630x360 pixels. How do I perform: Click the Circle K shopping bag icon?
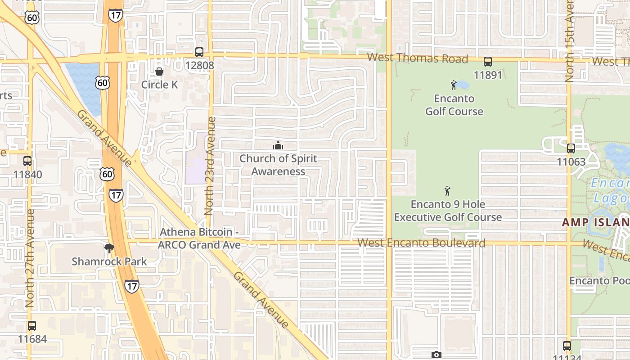tap(159, 72)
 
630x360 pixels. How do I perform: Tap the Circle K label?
tap(160, 85)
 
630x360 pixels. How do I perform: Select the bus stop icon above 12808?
tap(199, 52)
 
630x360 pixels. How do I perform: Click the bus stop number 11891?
tap(488, 75)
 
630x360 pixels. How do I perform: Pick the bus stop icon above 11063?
tap(571, 148)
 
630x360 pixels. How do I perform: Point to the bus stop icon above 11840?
tap(27, 161)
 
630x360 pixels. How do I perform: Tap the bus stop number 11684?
tap(32, 338)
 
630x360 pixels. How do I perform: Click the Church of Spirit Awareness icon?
tap(278, 145)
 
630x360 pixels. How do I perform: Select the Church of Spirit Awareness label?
tap(278, 165)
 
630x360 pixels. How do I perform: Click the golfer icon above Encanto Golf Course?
tap(454, 85)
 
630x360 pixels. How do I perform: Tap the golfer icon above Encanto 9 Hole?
tap(447, 191)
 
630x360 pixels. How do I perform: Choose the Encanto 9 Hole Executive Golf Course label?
tap(448, 211)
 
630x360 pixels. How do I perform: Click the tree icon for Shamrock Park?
tap(109, 248)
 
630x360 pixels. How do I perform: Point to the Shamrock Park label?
tap(109, 261)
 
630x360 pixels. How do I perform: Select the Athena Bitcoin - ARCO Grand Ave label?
tap(199, 238)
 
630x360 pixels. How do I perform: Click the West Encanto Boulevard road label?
tap(421, 243)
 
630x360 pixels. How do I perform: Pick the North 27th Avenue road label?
tap(30, 258)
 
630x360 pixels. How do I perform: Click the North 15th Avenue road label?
tap(569, 40)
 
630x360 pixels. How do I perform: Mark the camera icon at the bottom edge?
tap(436, 355)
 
